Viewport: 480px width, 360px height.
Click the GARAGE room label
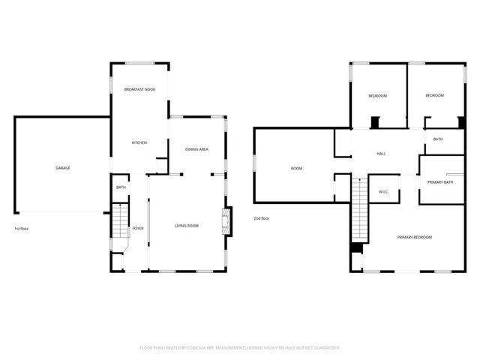63,167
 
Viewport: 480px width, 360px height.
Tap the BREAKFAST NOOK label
139,89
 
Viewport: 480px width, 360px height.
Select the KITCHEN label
139,142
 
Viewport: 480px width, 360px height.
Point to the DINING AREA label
196,149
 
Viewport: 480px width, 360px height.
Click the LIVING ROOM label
187,226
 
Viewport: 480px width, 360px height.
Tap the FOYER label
138,228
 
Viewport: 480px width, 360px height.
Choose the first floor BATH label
121,187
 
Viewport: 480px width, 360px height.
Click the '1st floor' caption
22,228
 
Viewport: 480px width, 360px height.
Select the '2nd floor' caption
261,218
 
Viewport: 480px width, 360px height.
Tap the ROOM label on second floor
296,168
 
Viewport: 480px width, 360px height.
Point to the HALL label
381,153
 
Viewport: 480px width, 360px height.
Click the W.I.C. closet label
383,192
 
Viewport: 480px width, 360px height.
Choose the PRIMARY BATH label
440,182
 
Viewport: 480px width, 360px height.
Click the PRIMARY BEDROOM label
415,237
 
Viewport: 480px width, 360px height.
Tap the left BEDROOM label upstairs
377,95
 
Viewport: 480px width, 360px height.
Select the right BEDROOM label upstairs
435,95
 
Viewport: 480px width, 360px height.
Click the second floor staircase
361,210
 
